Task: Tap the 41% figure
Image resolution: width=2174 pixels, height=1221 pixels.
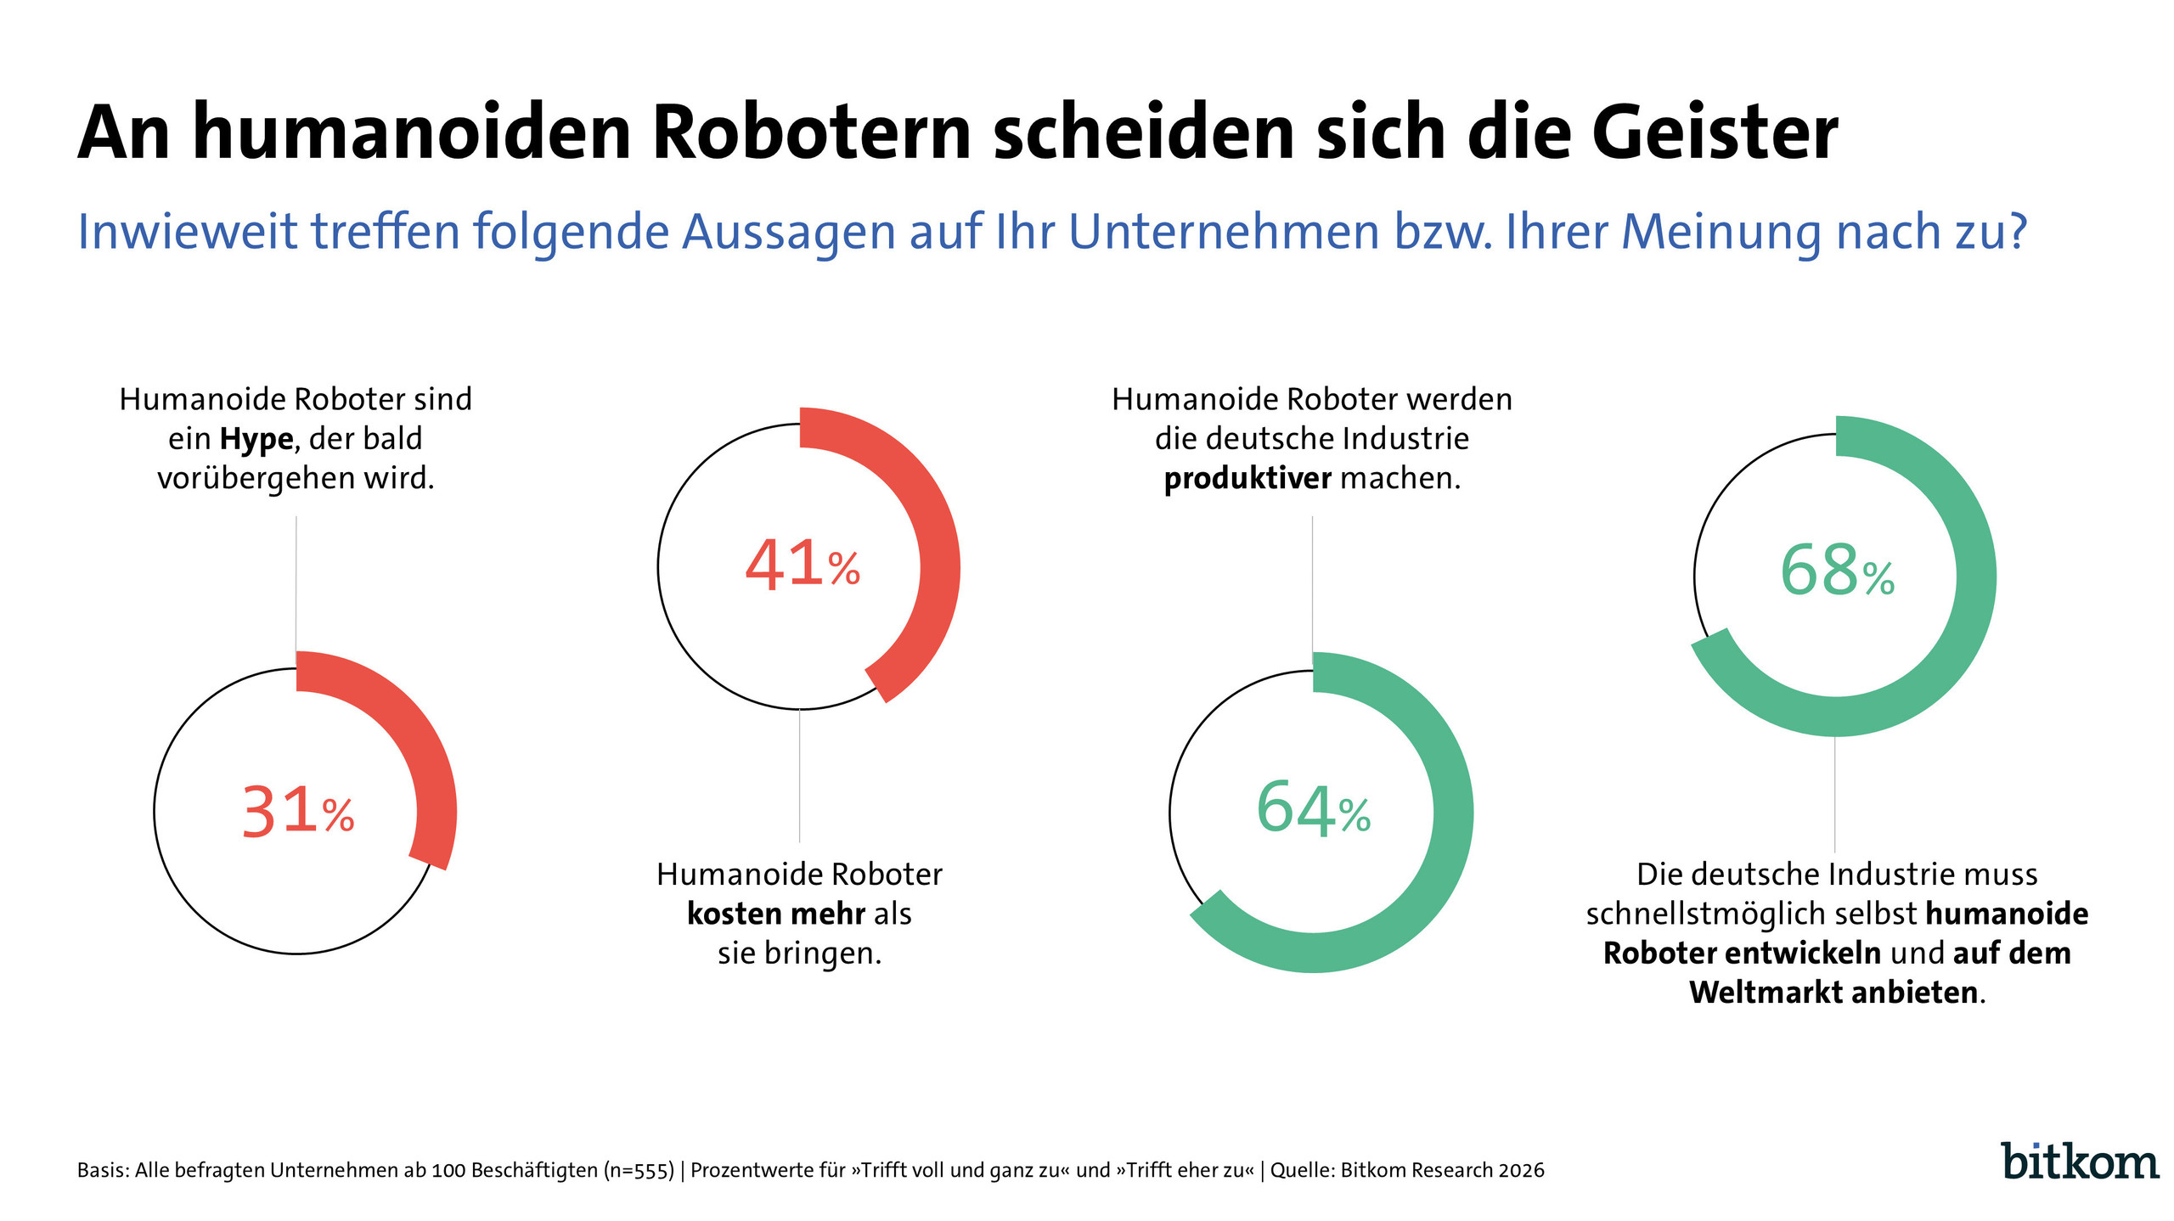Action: click(x=802, y=565)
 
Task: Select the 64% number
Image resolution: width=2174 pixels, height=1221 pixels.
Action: click(x=1312, y=809)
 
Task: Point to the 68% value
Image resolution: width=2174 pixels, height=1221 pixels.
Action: click(x=1836, y=571)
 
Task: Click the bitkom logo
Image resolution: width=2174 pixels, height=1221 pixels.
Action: click(x=2079, y=1162)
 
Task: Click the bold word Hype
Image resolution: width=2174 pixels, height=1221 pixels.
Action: click(x=256, y=439)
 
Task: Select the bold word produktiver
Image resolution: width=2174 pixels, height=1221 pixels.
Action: click(x=1247, y=479)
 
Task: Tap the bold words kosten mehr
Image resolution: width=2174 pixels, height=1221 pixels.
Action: click(x=775, y=914)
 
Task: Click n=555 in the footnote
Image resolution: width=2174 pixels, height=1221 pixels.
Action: click(x=639, y=1170)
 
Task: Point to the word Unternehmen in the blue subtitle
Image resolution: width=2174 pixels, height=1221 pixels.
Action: click(x=1223, y=231)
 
